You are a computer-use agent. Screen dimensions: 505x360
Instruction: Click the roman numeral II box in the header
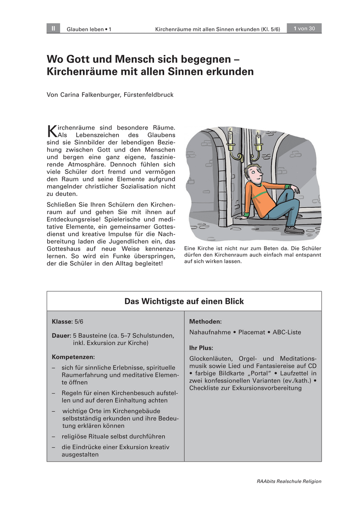click(53, 29)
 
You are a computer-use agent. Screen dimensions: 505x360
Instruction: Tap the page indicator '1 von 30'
click(304, 29)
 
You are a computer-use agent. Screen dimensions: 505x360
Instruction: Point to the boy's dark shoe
click(294, 230)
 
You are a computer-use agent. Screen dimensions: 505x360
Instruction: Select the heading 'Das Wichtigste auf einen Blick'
click(184, 301)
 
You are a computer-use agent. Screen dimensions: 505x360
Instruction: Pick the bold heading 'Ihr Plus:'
click(201, 348)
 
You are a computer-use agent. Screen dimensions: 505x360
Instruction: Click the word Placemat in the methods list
click(251, 332)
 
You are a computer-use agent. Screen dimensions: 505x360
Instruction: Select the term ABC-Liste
click(287, 332)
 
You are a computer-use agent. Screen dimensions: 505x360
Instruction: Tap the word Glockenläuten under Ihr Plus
click(209, 359)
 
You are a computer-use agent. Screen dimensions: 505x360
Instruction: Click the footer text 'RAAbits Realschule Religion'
click(289, 481)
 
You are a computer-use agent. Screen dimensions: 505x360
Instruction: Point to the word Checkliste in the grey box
click(204, 388)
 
